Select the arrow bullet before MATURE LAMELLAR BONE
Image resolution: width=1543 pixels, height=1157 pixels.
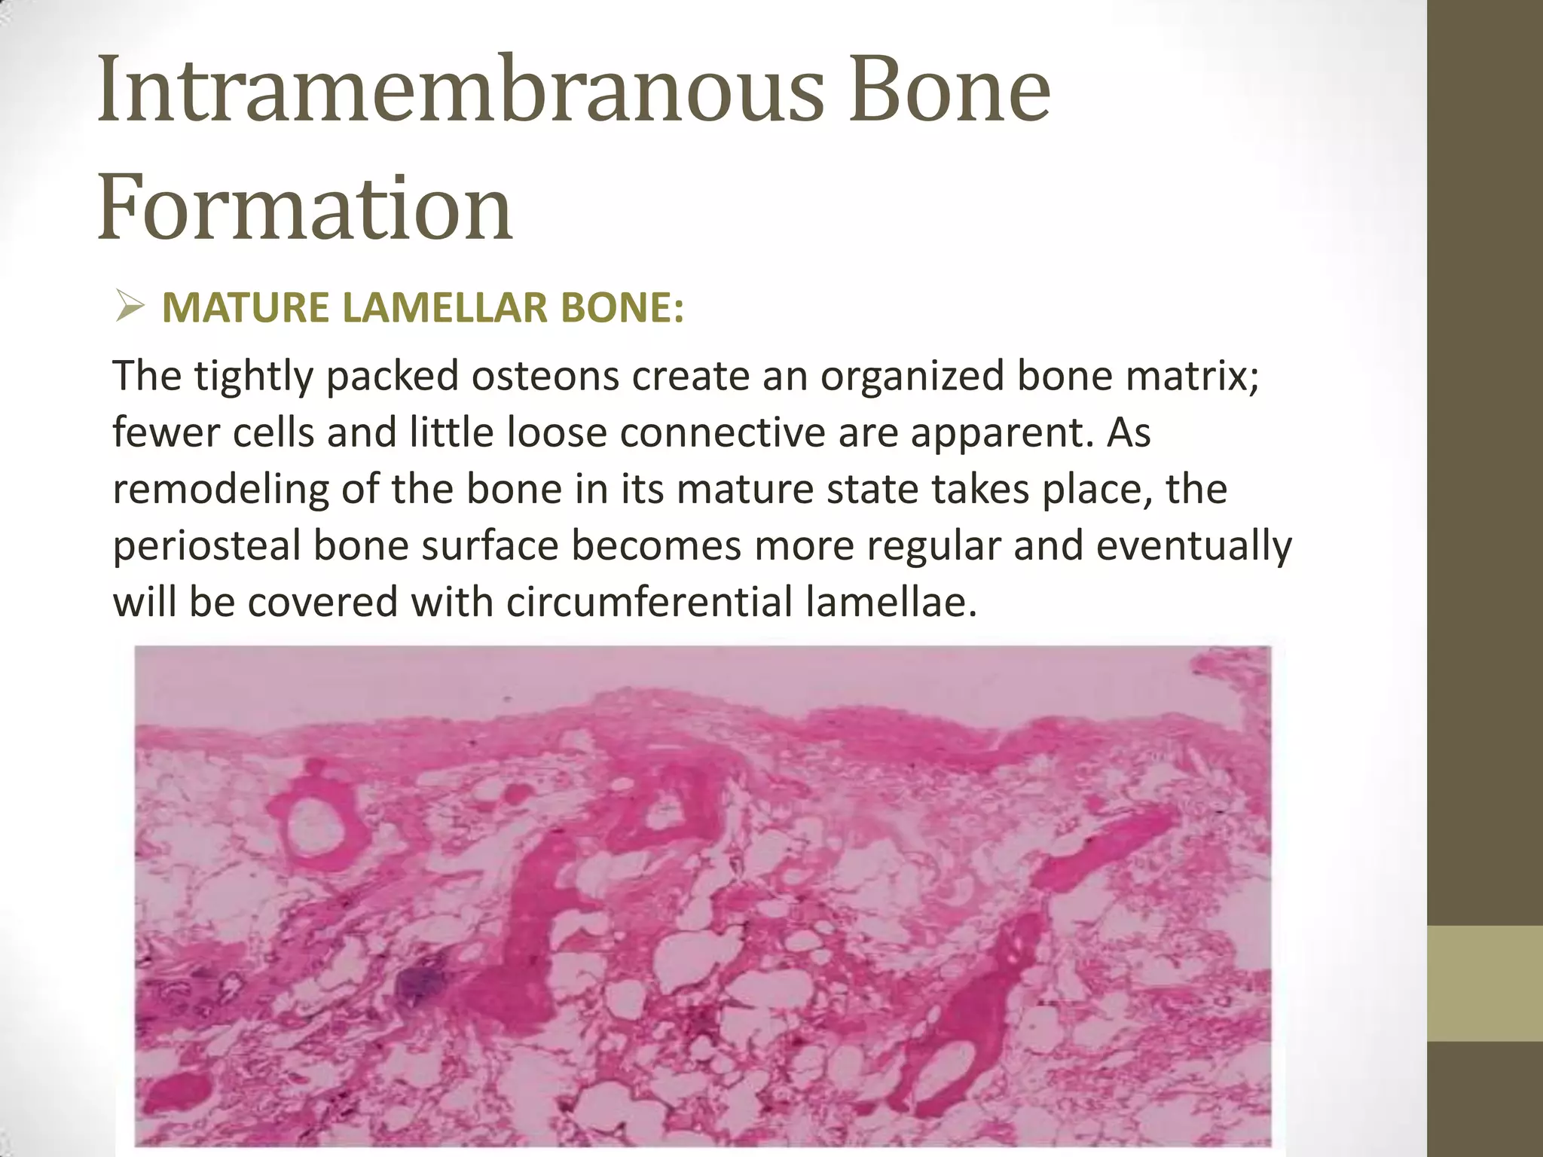coord(130,308)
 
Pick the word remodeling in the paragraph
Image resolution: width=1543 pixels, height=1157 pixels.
coord(221,489)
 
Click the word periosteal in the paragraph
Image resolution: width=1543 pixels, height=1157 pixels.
coord(206,545)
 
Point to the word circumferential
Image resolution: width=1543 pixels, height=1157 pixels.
coord(649,602)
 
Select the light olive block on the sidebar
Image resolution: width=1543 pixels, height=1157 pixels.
coord(1485,984)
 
